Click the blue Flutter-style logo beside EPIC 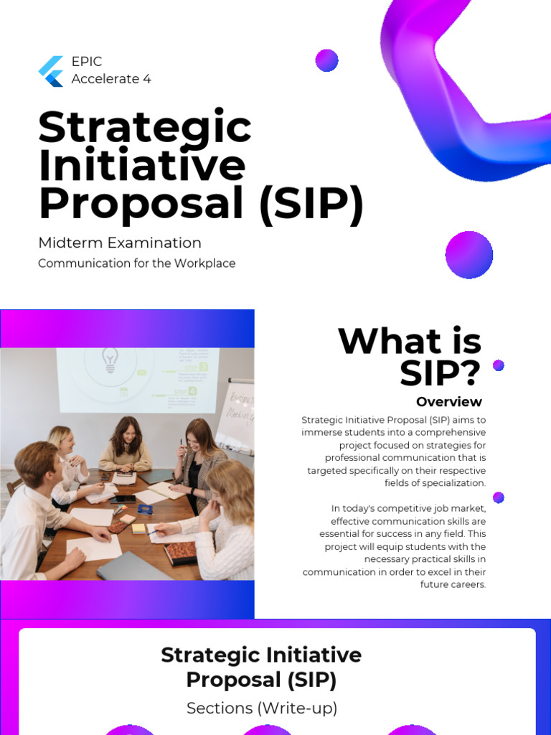click(51, 71)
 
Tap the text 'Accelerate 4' click(111, 79)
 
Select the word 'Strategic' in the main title click(145, 128)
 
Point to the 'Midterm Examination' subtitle click(120, 243)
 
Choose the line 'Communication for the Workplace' click(136, 263)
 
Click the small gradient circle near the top click(326, 60)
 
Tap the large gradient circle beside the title click(469, 255)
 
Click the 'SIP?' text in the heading click(440, 374)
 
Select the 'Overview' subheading click(449, 402)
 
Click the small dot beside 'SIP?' click(499, 365)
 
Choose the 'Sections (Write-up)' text click(261, 708)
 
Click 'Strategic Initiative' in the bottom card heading click(261, 655)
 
